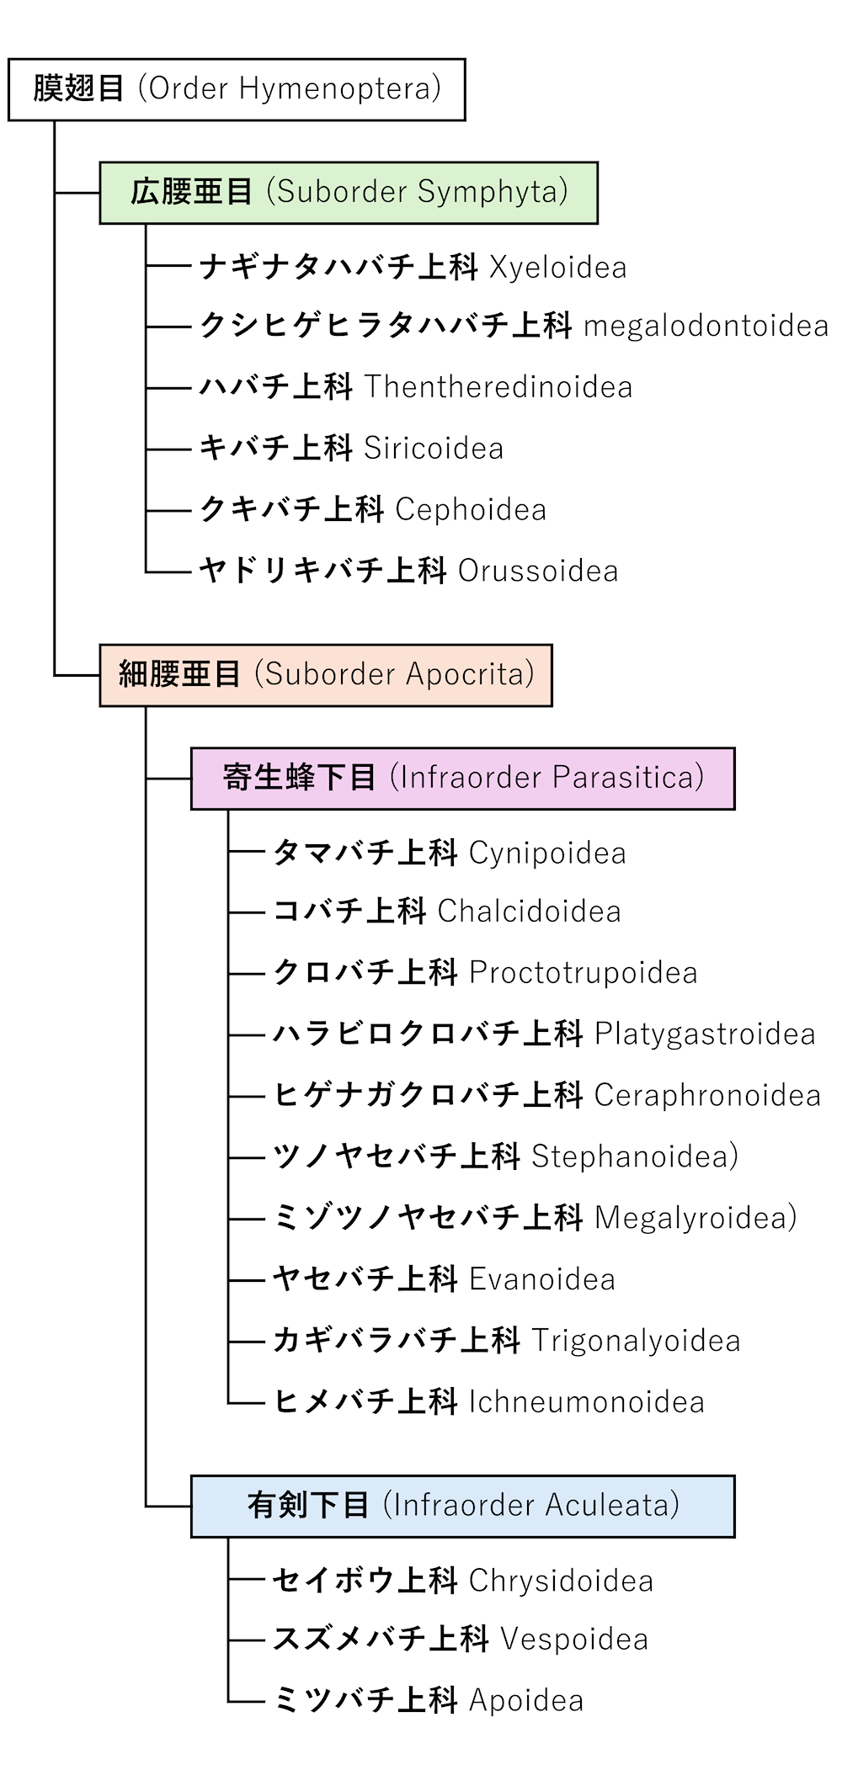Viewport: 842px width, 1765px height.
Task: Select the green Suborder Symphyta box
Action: pyautogui.click(x=349, y=193)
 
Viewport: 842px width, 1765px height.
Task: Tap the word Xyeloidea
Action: pyautogui.click(x=557, y=268)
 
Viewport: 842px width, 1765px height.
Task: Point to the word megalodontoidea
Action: pyautogui.click(x=706, y=327)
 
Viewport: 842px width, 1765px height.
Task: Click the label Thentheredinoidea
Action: pyautogui.click(x=498, y=387)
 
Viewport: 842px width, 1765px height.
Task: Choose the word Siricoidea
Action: pyautogui.click(x=433, y=449)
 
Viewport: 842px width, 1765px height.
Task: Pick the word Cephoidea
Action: pyautogui.click(x=471, y=510)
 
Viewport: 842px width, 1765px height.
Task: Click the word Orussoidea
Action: pyautogui.click(x=538, y=571)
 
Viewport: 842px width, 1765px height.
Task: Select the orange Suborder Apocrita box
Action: pyautogui.click(x=326, y=675)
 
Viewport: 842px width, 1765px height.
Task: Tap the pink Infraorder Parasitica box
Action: pyautogui.click(x=462, y=779)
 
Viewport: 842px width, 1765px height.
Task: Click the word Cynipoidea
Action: pyautogui.click(x=547, y=853)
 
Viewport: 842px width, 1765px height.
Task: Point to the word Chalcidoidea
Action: pyautogui.click(x=529, y=912)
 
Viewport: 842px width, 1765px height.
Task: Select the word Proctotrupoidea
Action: pyautogui.click(x=583, y=973)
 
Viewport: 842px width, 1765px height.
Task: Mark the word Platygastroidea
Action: pyautogui.click(x=705, y=1034)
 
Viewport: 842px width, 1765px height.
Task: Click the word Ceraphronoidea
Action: pyautogui.click(x=707, y=1096)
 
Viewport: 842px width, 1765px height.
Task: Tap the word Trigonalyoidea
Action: pyautogui.click(x=636, y=1342)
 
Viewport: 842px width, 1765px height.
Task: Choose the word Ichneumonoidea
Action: pyautogui.click(x=586, y=1403)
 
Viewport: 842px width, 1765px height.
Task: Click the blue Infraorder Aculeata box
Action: pyautogui.click(x=462, y=1507)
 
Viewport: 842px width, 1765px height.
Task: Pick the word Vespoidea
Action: pyautogui.click(x=574, y=1640)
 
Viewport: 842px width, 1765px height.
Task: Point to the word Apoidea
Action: pyautogui.click(x=526, y=1701)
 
